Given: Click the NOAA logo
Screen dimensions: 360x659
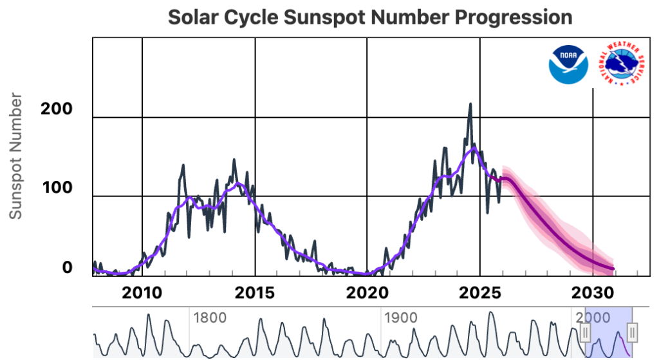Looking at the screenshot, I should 569,63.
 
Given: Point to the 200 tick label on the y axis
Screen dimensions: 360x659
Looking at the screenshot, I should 57,109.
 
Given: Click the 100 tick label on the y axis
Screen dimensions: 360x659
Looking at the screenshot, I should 57,189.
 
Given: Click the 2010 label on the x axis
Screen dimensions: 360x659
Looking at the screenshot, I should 142,293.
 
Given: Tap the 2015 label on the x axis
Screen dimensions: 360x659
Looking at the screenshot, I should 255,293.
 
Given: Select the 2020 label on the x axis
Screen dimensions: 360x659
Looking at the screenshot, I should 367,293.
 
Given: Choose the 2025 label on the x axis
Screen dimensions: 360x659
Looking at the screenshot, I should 479,293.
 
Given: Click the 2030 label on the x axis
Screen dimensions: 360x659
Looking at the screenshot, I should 592,293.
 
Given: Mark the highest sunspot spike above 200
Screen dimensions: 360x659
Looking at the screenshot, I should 470,104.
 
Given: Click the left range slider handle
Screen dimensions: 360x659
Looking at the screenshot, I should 585,332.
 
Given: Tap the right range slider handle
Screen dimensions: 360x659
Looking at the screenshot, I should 633,332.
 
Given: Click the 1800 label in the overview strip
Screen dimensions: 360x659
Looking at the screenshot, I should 210,317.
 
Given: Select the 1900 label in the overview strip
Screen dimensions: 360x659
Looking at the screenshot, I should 402,317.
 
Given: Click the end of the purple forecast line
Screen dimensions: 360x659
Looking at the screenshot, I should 613,269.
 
